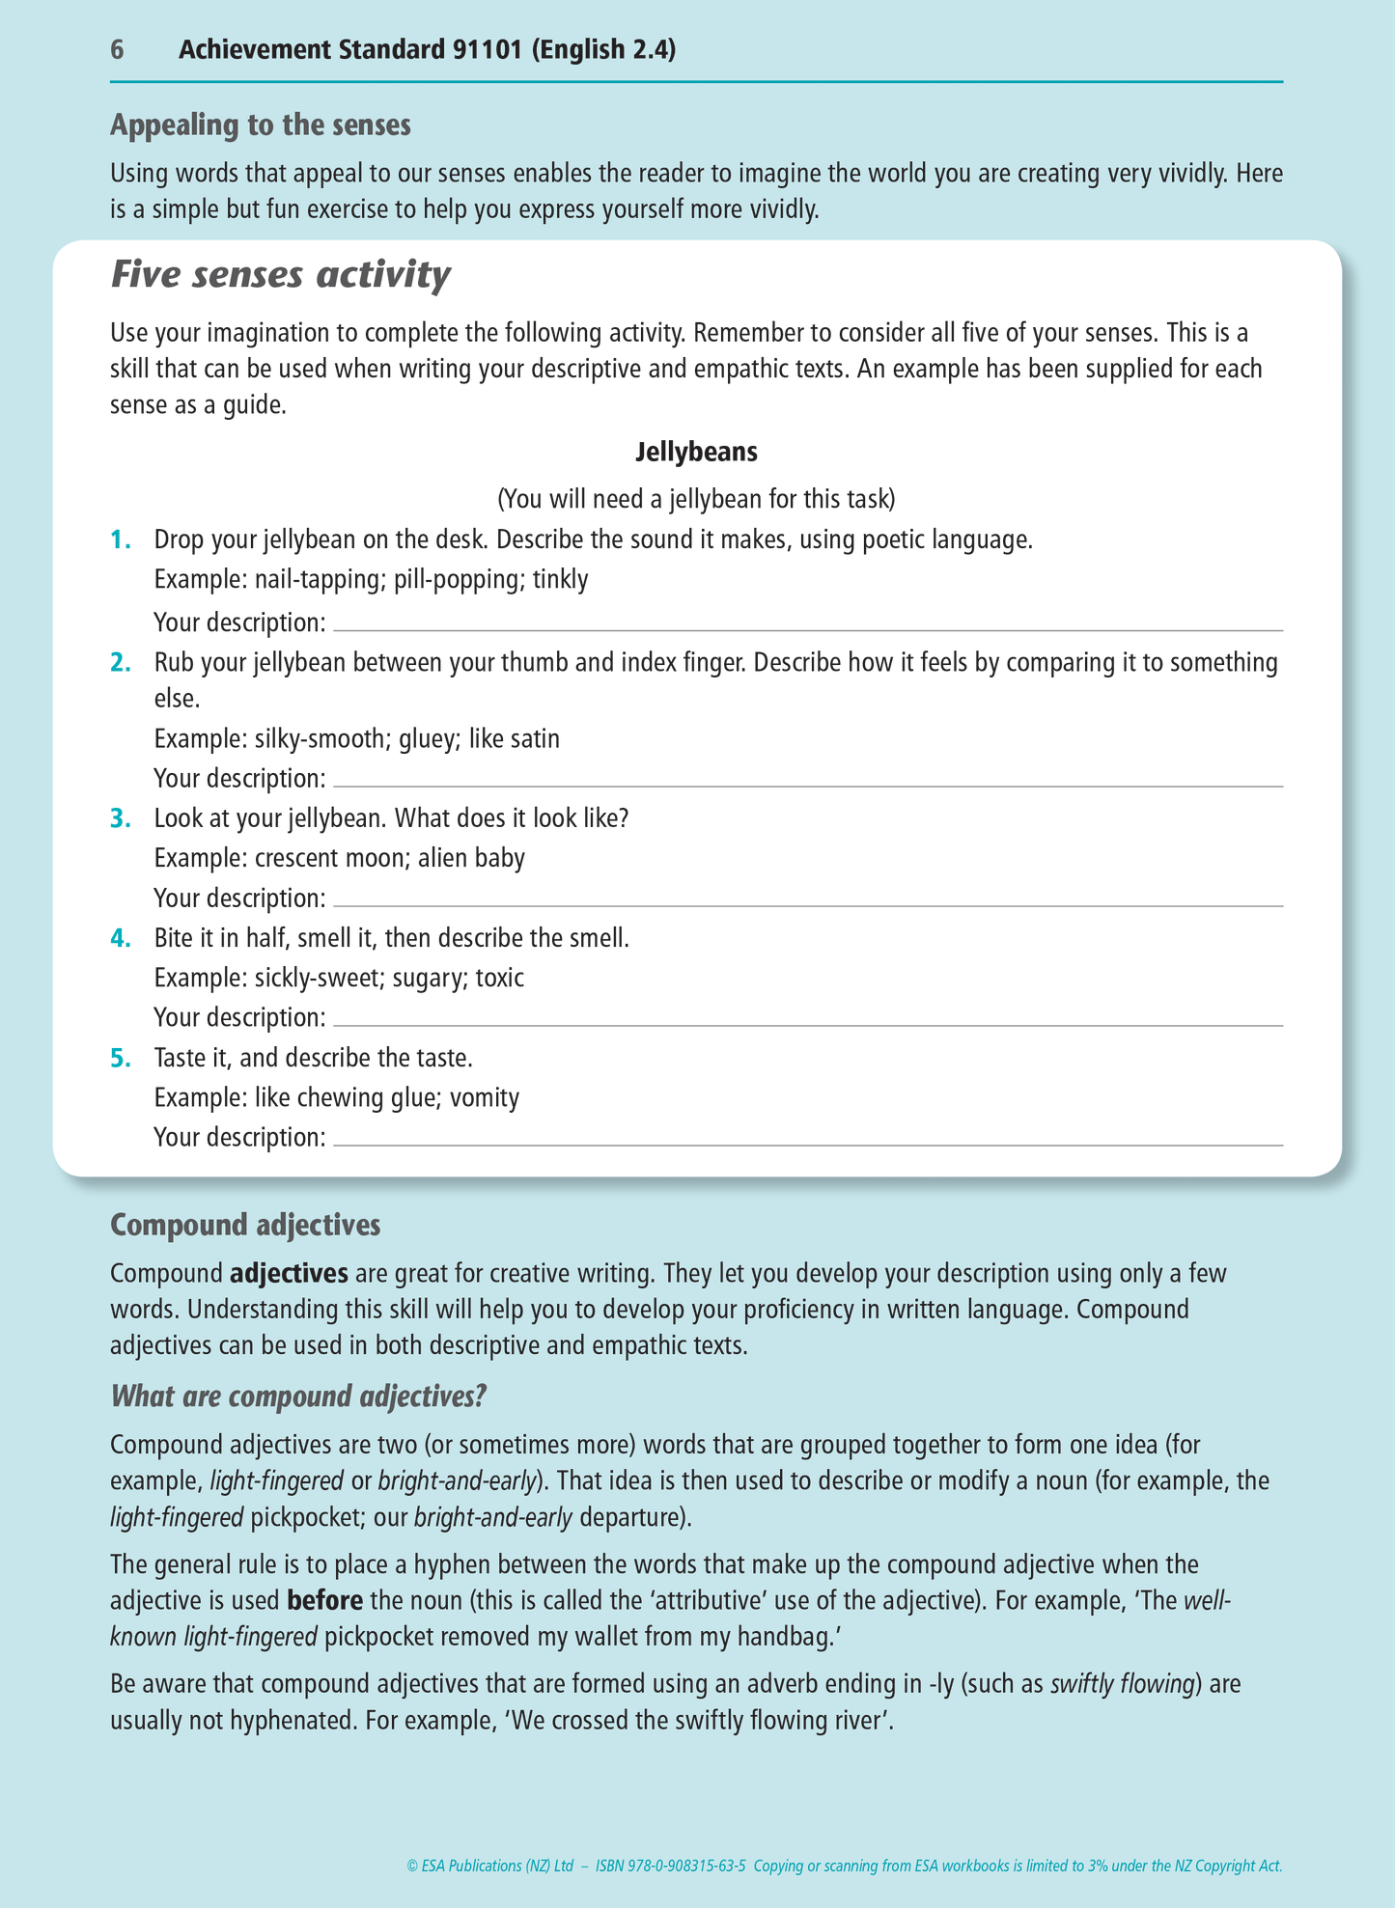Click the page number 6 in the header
coord(117,50)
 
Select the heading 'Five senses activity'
coord(280,275)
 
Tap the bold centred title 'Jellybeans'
coord(696,451)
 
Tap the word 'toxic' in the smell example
coord(499,978)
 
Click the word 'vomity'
coord(485,1097)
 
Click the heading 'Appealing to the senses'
coord(261,125)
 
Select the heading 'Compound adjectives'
coord(245,1225)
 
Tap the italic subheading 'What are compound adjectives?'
coord(298,1396)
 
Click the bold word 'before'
coord(325,1600)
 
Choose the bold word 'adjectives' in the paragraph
coord(289,1273)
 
